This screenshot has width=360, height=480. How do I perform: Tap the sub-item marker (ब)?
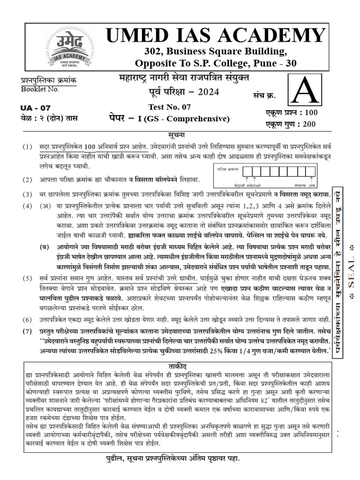tap(45, 247)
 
